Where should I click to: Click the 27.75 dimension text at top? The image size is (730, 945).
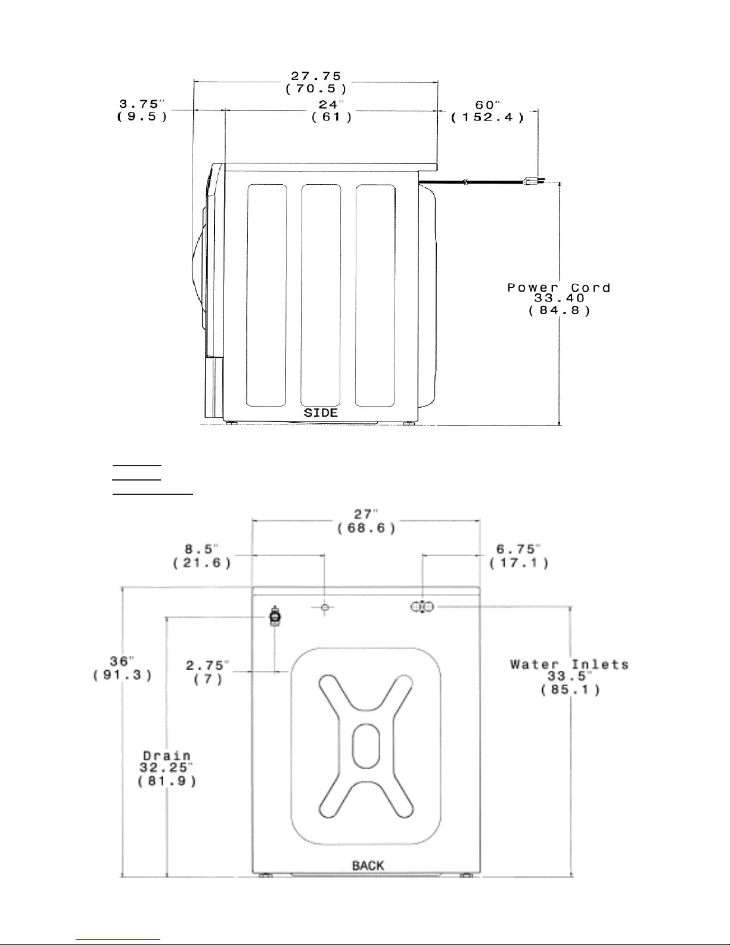pos(316,76)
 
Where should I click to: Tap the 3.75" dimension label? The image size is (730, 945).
pos(142,104)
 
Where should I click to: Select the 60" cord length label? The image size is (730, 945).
pos(487,105)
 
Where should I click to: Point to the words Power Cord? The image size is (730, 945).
pos(559,288)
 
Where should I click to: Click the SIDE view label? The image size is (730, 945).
pos(321,413)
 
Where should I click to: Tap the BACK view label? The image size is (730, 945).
pos(368,866)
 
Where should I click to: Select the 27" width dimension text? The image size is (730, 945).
pos(366,515)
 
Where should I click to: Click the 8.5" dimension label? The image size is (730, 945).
pos(201,549)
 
